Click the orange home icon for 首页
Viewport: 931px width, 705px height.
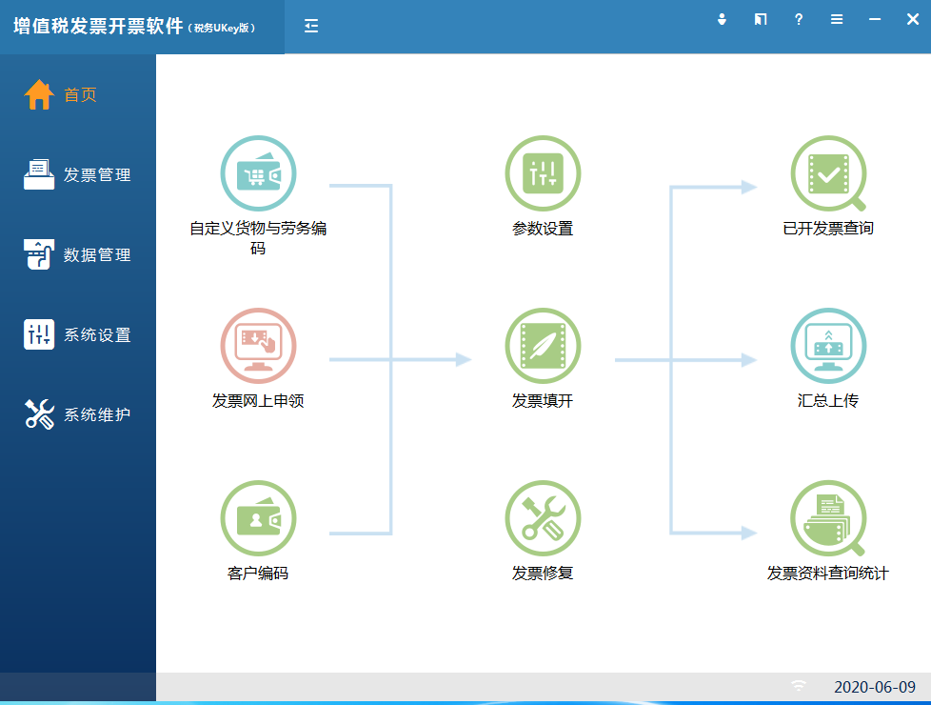click(39, 94)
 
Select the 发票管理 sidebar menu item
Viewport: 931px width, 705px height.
click(77, 174)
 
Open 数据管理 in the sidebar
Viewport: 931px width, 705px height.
click(77, 254)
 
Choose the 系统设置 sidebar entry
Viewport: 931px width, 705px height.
click(77, 334)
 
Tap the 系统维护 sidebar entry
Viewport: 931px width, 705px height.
click(77, 414)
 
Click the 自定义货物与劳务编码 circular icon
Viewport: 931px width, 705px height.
click(258, 173)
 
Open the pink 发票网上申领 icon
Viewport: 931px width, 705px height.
click(258, 346)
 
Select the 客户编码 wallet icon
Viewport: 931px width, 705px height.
click(258, 517)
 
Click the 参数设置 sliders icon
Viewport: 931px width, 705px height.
click(543, 173)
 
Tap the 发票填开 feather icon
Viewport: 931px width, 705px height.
click(543, 346)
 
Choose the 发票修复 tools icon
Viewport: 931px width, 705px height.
click(543, 517)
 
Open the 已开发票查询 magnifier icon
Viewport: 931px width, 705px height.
click(828, 173)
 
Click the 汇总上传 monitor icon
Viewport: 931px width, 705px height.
click(828, 346)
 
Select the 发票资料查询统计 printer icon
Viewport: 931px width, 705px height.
click(828, 517)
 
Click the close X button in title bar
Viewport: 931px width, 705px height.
click(913, 20)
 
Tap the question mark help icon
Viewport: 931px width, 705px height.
click(799, 20)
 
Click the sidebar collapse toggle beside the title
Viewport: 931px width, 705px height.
click(311, 26)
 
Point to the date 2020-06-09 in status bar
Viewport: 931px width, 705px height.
click(875, 687)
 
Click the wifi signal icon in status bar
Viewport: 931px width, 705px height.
click(800, 686)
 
